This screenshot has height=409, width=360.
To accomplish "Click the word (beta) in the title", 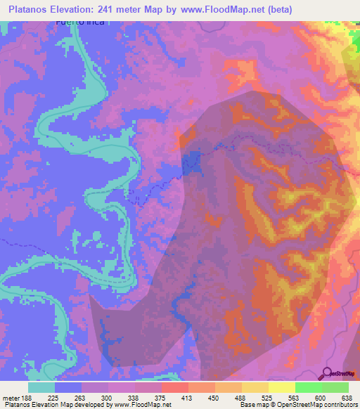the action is point(276,9).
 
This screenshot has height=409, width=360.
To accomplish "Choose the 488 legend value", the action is point(240,395).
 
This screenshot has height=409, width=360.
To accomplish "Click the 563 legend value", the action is point(294,395).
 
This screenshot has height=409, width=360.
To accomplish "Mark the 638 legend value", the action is point(346,395).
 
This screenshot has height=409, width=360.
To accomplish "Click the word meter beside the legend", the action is point(11,395).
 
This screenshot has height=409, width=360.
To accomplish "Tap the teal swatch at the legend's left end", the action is point(41,387).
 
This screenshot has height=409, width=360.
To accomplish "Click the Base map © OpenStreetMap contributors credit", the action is point(297,404).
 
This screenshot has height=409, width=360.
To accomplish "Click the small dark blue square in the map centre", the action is point(190,163).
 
